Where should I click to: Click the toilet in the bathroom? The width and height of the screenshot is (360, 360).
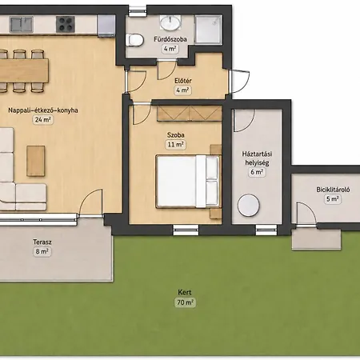click(135, 40)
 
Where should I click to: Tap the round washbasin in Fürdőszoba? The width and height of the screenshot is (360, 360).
click(170, 22)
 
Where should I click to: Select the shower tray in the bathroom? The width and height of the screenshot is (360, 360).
click(208, 30)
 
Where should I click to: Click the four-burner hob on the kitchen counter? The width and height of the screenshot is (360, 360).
click(66, 24)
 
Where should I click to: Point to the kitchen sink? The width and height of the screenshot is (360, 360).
click(22, 24)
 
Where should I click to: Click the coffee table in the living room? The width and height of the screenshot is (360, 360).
click(35, 161)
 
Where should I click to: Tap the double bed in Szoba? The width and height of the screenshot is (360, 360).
click(188, 182)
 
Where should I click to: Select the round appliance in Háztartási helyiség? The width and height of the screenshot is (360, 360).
click(249, 205)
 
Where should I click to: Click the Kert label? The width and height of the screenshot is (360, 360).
click(185, 292)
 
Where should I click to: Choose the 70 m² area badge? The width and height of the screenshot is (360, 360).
click(185, 302)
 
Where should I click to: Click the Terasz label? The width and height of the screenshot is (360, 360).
click(42, 242)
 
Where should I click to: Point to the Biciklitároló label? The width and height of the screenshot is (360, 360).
click(333, 190)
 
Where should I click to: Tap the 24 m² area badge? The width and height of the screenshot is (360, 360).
click(42, 120)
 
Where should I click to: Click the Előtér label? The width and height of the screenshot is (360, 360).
click(183, 81)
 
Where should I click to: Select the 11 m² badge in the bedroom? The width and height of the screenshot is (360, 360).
click(175, 145)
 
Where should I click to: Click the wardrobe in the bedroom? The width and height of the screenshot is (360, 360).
click(190, 113)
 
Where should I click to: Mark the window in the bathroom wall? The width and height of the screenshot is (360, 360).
click(138, 11)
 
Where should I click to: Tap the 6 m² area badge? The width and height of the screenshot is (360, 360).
click(257, 172)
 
